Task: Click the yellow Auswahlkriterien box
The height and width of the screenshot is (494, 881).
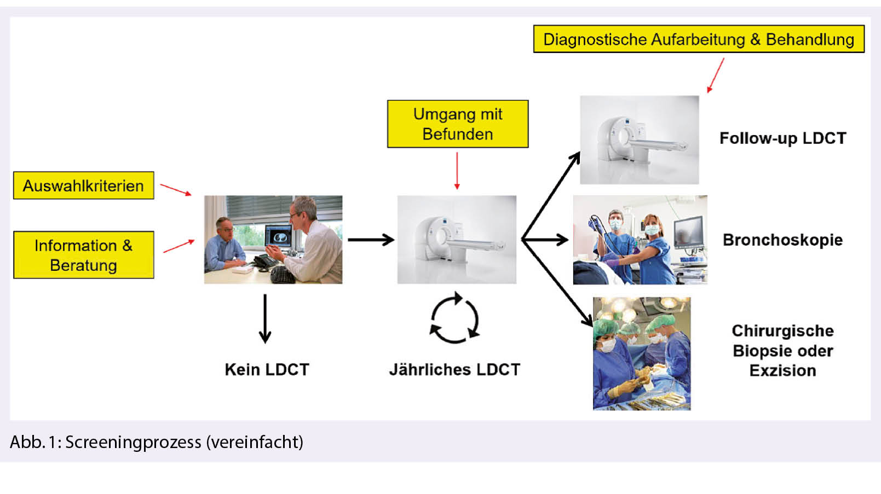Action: click(83, 185)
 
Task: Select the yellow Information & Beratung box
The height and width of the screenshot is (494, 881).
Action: click(83, 255)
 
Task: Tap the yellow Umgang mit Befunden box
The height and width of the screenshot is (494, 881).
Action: click(458, 124)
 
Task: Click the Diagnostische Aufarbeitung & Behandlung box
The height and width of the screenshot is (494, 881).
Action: click(699, 39)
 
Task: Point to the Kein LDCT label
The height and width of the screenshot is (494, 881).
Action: click(267, 370)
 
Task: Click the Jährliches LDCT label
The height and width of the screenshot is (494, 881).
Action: click(454, 370)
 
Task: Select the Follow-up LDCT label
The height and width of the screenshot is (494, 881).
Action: click(782, 138)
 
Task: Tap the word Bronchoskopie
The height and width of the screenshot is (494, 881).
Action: click(782, 240)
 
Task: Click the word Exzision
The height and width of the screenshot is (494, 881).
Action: click(782, 371)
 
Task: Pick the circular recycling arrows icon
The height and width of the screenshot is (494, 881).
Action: click(454, 318)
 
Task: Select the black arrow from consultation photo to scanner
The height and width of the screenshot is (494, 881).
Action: click(371, 240)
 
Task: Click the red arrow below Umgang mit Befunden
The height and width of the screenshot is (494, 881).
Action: click(457, 171)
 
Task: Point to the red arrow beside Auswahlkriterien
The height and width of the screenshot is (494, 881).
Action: click(176, 190)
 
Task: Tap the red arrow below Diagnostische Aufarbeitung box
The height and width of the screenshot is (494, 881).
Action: click(716, 75)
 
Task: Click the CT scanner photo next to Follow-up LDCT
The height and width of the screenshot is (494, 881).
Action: click(639, 140)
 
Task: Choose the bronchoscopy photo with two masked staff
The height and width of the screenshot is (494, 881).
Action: click(640, 240)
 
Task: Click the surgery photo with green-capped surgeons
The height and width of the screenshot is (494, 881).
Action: click(641, 353)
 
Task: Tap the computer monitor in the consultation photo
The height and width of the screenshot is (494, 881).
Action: click(279, 236)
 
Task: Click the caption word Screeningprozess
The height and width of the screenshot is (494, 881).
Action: click(133, 442)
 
